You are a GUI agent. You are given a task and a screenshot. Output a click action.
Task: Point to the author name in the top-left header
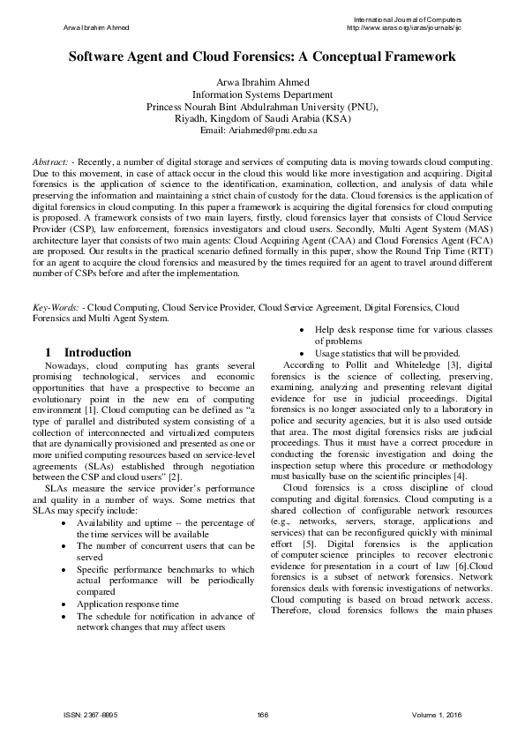coord(97,27)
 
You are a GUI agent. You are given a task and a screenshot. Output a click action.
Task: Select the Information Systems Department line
coord(262,95)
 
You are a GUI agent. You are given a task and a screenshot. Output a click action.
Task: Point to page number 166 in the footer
coord(262,713)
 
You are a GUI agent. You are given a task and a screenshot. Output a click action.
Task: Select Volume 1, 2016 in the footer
coord(436,713)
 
